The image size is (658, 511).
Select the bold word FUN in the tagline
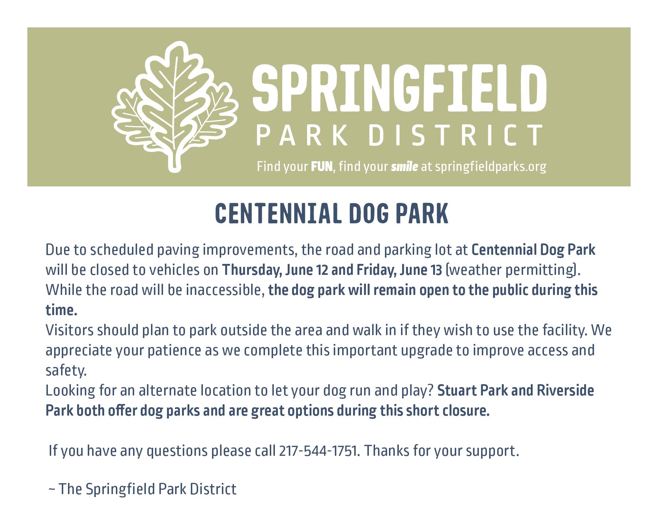(x=322, y=167)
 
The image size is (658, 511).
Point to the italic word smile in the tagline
(x=404, y=167)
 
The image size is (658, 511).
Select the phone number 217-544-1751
(x=318, y=451)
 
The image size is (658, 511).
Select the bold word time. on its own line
(x=61, y=310)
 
